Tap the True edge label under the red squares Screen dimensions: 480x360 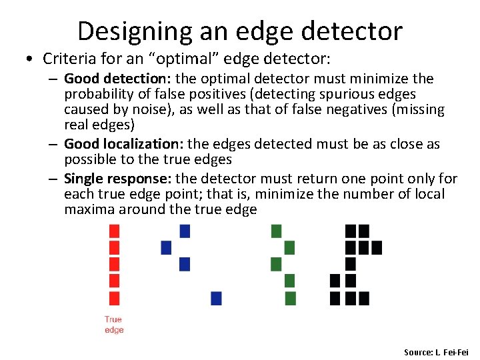tap(114, 325)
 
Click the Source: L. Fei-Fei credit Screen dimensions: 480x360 tap(436, 352)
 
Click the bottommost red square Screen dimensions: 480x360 tap(114, 298)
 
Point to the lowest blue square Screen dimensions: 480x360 tap(216, 298)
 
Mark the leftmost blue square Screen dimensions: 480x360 tap(167, 248)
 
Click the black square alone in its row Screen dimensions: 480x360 tap(351, 264)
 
